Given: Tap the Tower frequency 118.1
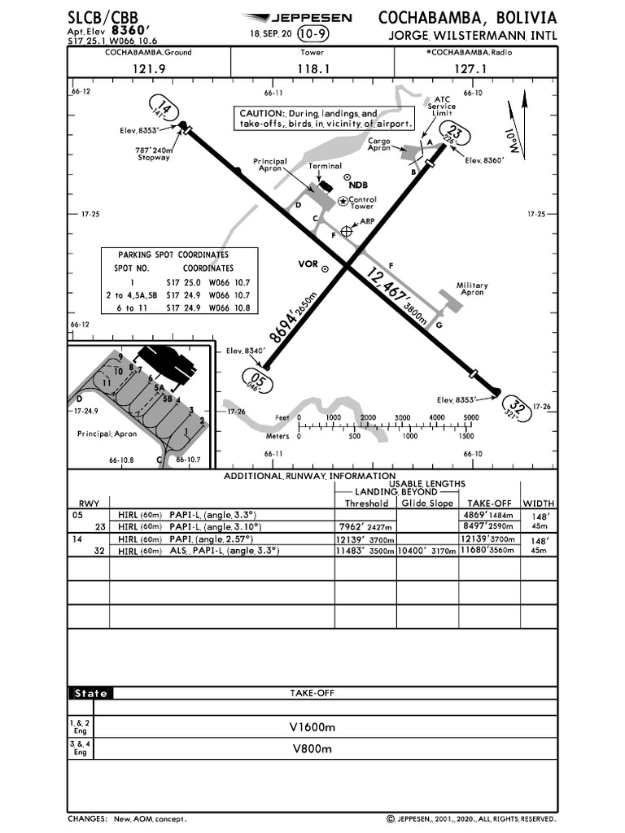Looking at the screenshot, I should [312, 69].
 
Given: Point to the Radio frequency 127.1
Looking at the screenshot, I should [470, 69].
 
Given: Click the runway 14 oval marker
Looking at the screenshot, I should [165, 109].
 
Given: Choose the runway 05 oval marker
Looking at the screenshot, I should [256, 380].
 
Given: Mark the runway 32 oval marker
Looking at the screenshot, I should [516, 406].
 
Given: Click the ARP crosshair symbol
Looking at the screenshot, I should [347, 232].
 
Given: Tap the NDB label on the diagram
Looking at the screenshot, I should [359, 185].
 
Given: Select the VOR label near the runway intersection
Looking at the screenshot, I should [308, 264].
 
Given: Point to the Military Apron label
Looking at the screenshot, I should [471, 289].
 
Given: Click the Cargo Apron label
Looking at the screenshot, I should [379, 144].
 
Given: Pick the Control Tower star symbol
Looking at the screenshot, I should [343, 201].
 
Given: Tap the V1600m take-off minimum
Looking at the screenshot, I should [312, 726].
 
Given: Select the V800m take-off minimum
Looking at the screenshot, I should [312, 749].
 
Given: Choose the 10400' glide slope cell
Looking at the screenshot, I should [427, 551].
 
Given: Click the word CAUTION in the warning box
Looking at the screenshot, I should [259, 114].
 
